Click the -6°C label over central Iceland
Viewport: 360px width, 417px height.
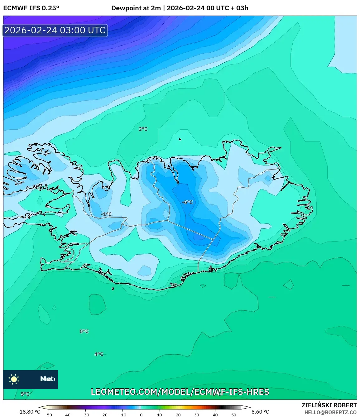(x=187, y=202)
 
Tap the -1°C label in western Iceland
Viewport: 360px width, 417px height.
(x=106, y=214)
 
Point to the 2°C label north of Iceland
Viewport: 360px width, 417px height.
(x=143, y=129)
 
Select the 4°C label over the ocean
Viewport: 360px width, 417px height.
(x=99, y=354)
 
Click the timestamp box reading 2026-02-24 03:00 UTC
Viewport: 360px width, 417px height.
(x=55, y=30)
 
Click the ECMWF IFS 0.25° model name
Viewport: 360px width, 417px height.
(x=31, y=8)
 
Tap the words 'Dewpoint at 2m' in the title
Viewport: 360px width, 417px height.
(x=136, y=8)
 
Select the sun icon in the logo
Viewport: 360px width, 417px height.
(x=14, y=379)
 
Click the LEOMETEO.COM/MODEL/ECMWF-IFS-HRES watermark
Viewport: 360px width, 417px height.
(x=180, y=392)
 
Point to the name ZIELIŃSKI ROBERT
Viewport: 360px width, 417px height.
(x=329, y=405)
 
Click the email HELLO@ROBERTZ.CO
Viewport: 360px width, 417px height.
(x=330, y=412)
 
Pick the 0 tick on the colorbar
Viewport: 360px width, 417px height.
(x=141, y=415)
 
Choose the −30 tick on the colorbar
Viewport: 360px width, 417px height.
(x=85, y=415)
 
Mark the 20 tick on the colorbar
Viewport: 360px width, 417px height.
(x=178, y=415)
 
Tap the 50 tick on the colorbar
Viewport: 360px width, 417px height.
(x=234, y=415)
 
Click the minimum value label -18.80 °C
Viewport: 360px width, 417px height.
(x=29, y=412)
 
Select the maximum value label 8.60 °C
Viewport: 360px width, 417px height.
(x=260, y=412)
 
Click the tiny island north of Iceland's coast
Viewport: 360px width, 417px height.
(x=180, y=140)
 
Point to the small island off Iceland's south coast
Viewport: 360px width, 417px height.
(x=113, y=289)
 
